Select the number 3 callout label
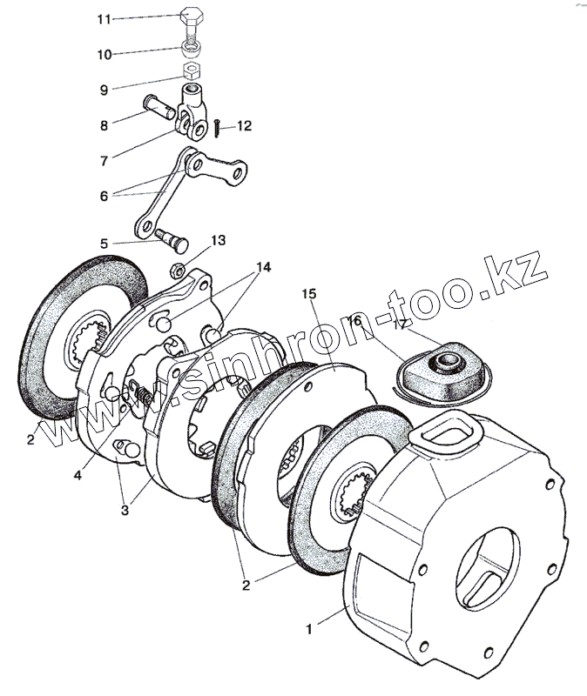[125, 511]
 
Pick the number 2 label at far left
[30, 440]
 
